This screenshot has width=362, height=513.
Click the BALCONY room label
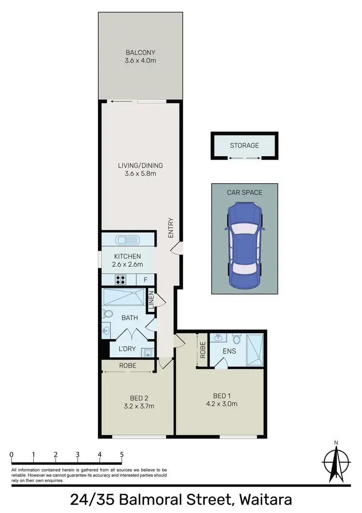[141, 52]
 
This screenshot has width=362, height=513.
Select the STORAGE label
[244, 145]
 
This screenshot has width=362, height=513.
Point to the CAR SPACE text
[245, 192]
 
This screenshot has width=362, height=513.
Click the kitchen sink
[127, 239]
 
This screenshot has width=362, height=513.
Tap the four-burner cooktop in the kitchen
[120, 279]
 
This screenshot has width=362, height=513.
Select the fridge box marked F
[145, 279]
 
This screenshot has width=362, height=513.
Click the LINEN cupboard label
[151, 301]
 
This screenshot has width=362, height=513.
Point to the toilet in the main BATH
[108, 314]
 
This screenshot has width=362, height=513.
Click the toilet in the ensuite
[237, 338]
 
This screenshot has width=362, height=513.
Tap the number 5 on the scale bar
[122, 454]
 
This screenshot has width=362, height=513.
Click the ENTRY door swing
[178, 248]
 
